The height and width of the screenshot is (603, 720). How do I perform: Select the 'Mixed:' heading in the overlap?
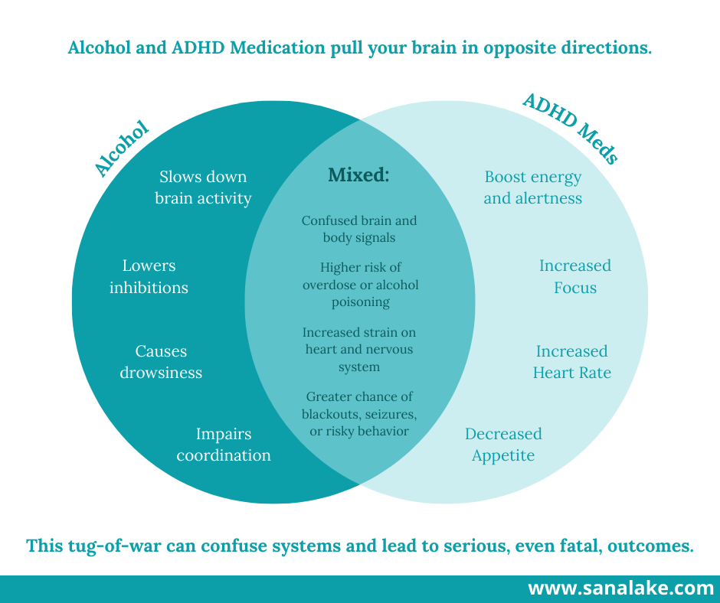[x=358, y=175]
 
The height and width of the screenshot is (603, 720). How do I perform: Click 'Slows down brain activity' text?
[x=203, y=187]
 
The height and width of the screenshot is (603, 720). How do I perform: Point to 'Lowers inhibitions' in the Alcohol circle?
[x=149, y=276]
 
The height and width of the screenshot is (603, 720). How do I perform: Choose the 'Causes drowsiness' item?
[x=161, y=362]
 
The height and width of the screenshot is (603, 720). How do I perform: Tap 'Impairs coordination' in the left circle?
[x=224, y=445]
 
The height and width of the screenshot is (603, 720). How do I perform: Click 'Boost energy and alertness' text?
[x=533, y=187]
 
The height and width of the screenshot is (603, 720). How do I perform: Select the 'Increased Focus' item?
[x=575, y=276]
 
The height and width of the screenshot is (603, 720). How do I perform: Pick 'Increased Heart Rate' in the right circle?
[x=571, y=362]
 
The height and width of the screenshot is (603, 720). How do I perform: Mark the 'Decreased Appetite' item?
[x=503, y=445]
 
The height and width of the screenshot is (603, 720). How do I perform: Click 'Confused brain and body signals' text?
[x=359, y=229]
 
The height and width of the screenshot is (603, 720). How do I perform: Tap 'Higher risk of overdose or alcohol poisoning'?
[x=360, y=284]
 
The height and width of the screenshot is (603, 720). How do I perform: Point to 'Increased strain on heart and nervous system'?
[x=359, y=350]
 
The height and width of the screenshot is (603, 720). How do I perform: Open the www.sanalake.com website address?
[x=620, y=588]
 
